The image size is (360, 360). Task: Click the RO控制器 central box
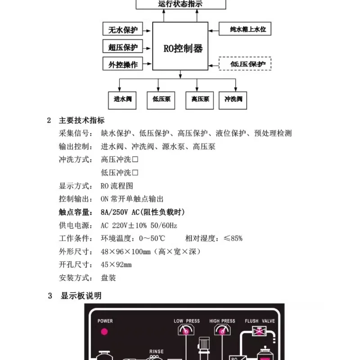tap(180, 46)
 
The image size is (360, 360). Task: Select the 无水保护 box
tap(122, 29)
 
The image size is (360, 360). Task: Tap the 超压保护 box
tap(122, 46)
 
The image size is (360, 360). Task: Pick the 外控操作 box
tap(122, 63)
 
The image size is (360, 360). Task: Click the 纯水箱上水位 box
tap(245, 29)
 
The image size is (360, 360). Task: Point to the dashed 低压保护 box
tap(245, 63)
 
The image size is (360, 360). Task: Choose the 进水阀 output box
tap(122, 100)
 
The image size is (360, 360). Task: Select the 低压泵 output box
tap(161, 100)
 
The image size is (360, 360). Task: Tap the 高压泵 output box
tap(199, 100)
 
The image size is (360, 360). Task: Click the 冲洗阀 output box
tap(233, 100)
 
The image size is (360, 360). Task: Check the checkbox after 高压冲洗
tap(135, 159)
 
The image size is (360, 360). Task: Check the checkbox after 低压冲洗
tap(135, 173)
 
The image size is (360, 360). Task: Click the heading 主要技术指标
tap(82, 120)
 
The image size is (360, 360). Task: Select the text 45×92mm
tap(116, 265)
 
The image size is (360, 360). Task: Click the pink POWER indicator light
tap(104, 332)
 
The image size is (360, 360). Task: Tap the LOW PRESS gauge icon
tap(186, 330)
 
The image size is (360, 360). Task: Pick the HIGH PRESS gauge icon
tap(222, 330)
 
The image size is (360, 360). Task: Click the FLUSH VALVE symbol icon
tap(259, 331)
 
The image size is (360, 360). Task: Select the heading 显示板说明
tap(81, 296)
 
